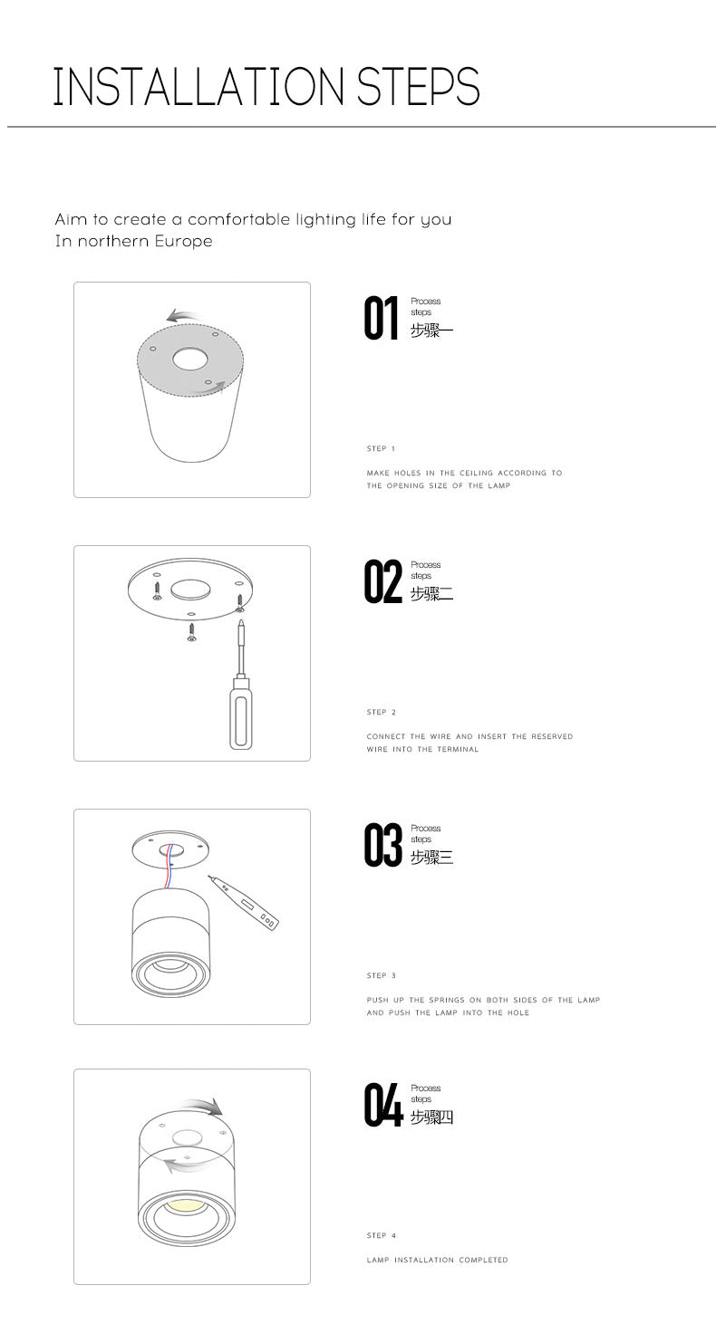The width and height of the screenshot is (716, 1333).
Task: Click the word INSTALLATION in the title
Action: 199,87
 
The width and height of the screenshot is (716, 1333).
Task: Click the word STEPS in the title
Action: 419,87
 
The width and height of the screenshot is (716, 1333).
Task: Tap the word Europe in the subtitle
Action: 183,241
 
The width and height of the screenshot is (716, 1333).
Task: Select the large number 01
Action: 382,319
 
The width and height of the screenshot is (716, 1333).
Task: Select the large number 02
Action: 383,582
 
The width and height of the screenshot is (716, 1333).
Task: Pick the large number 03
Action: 383,845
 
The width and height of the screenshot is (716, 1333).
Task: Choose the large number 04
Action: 383,1105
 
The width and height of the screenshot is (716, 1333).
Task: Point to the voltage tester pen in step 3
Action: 243,903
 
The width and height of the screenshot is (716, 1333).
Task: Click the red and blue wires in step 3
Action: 168,866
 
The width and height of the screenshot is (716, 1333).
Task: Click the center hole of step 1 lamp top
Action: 190,359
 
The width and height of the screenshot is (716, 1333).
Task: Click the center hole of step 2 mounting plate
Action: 190,590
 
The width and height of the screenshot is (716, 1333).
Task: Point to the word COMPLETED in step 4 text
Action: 483,1260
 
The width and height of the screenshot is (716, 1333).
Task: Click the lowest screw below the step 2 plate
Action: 192,633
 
